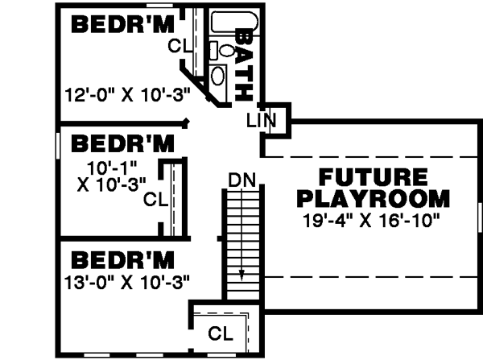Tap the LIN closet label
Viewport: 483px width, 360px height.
coord(261,121)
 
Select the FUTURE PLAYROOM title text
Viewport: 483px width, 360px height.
coord(373,188)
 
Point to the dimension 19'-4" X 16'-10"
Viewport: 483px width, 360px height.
coord(373,218)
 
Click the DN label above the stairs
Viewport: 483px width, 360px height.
coord(241,180)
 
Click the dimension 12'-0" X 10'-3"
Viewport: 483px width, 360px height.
coord(127,93)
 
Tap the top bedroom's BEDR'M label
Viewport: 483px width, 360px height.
coord(122,25)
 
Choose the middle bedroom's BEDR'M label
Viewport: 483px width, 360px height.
coord(122,145)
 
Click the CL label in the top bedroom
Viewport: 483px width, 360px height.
coord(179,46)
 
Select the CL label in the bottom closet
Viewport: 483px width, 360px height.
coord(221,333)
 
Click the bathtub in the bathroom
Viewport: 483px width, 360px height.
coord(234,23)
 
